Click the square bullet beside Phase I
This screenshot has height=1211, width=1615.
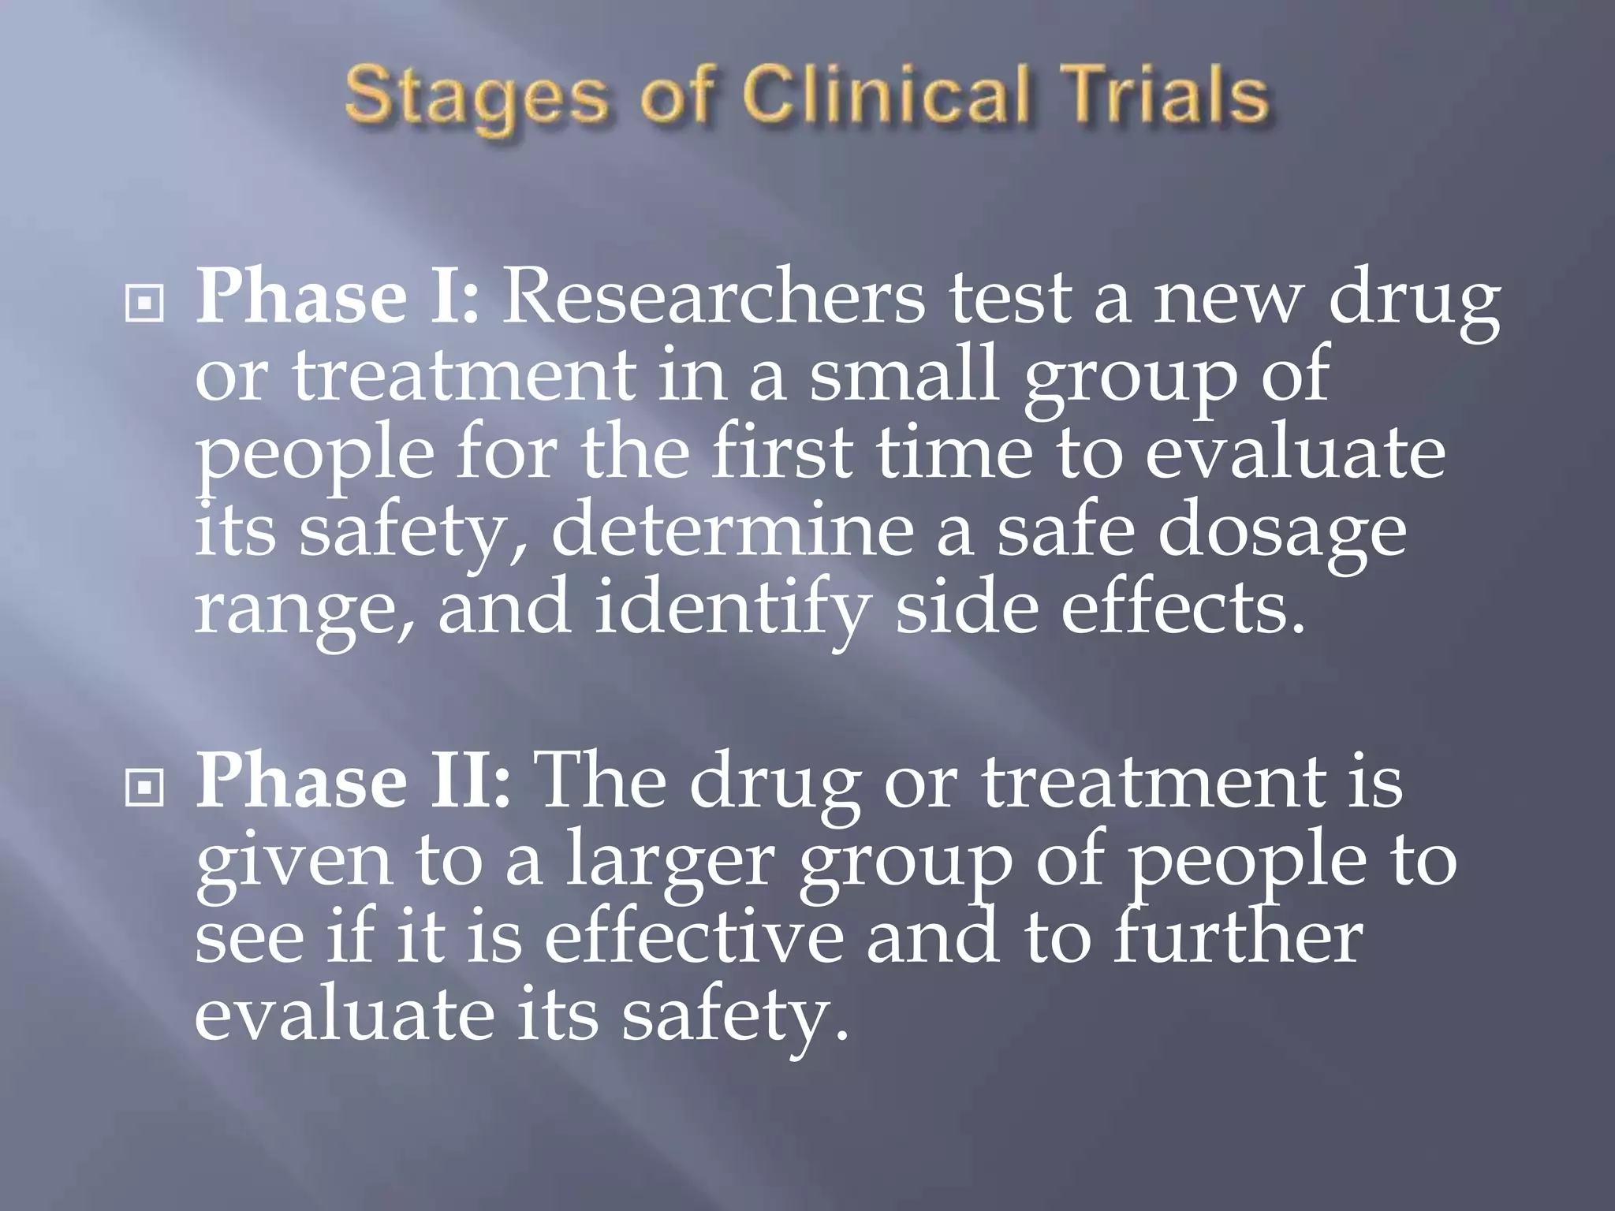click(144, 304)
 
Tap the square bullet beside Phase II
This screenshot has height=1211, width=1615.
click(144, 786)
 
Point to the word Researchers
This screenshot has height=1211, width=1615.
click(713, 300)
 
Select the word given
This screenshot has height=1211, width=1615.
click(293, 863)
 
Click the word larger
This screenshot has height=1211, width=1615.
click(670, 863)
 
